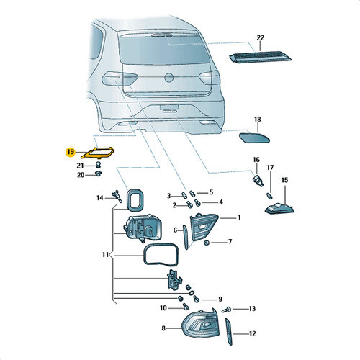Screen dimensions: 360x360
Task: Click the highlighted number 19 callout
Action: pos(71,152)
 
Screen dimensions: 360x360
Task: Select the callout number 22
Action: pos(260,37)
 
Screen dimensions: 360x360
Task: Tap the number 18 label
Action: pos(257,120)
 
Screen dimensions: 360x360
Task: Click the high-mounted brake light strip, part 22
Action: pos(260,57)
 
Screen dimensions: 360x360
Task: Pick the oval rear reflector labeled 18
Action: pos(254,138)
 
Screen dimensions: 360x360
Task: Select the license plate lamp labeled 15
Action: pos(279,208)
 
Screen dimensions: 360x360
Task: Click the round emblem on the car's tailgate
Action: pos(169,78)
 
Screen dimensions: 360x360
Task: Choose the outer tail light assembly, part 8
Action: pos(200,322)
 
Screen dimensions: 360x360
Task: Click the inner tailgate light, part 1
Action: pos(204,227)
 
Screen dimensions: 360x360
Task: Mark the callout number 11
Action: pos(105,255)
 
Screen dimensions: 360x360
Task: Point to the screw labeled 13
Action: pos(227,310)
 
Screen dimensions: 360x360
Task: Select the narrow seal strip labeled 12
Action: pos(229,332)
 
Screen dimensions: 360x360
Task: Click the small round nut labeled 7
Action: pos(207,243)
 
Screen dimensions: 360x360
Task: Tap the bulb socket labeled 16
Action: pos(258,181)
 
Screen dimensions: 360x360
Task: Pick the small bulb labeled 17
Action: pos(270,196)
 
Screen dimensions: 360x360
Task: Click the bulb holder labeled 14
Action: pos(117,196)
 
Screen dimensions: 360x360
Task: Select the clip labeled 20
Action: pos(98,173)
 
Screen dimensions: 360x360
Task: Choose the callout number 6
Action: pos(175,230)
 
